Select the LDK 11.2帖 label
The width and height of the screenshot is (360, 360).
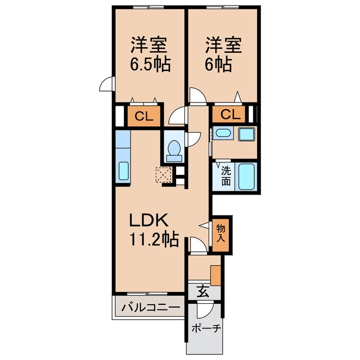point(154,229)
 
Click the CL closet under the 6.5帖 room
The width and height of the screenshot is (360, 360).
point(144,116)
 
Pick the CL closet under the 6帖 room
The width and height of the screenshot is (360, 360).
point(229,114)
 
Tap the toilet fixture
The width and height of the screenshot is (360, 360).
point(174,150)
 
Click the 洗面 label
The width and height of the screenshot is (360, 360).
point(226,175)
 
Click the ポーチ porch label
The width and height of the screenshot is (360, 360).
point(206,328)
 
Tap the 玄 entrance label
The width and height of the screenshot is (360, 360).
point(202,291)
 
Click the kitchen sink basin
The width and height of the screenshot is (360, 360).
point(124,171)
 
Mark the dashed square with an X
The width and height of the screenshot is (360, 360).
point(164,175)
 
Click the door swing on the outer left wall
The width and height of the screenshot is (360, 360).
point(107,84)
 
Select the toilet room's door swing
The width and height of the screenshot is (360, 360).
point(194,139)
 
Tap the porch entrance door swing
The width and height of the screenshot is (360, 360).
point(205,310)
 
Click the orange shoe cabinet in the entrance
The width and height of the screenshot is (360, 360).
point(215,276)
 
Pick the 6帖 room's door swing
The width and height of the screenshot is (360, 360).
point(198,96)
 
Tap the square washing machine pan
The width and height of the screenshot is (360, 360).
point(246,134)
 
